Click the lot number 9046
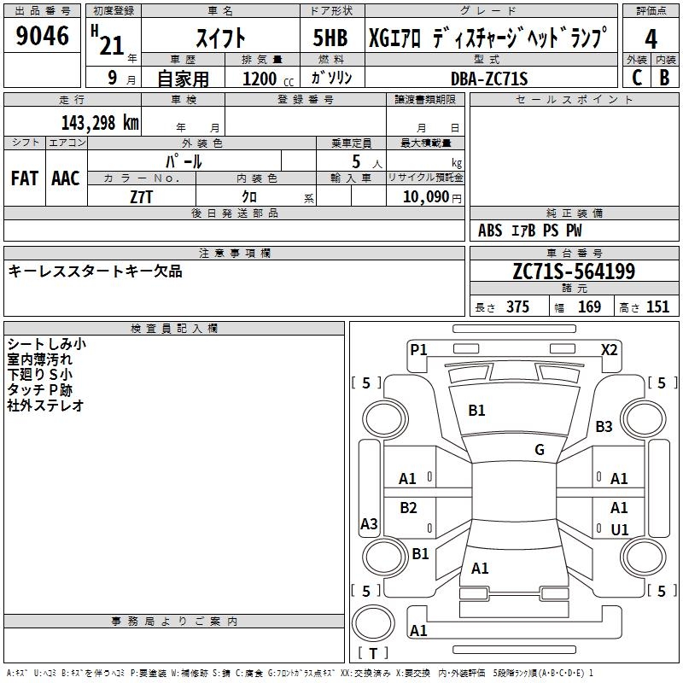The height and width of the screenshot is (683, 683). tap(43, 36)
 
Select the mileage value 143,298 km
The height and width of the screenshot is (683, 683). tap(100, 122)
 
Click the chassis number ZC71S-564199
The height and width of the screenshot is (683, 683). tap(573, 271)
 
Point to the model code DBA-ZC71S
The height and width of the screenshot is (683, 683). tap(489, 79)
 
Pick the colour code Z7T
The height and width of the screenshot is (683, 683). tap(143, 196)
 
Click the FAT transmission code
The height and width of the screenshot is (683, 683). tap(24, 178)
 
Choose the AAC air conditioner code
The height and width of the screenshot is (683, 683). tap(65, 178)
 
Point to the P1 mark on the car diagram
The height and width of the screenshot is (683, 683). tap(418, 349)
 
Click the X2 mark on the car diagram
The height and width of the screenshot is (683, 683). tap(609, 349)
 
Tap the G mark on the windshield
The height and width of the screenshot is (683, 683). tap(540, 450)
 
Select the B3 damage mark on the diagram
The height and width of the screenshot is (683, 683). tap(604, 426)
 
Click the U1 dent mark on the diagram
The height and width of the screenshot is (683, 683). tap(619, 529)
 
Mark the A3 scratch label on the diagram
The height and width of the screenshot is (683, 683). tap(369, 524)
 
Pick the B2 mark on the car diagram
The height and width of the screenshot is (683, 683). tap(409, 508)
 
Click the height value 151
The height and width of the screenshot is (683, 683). tap(657, 307)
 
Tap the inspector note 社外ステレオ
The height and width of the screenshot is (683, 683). tap(46, 406)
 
